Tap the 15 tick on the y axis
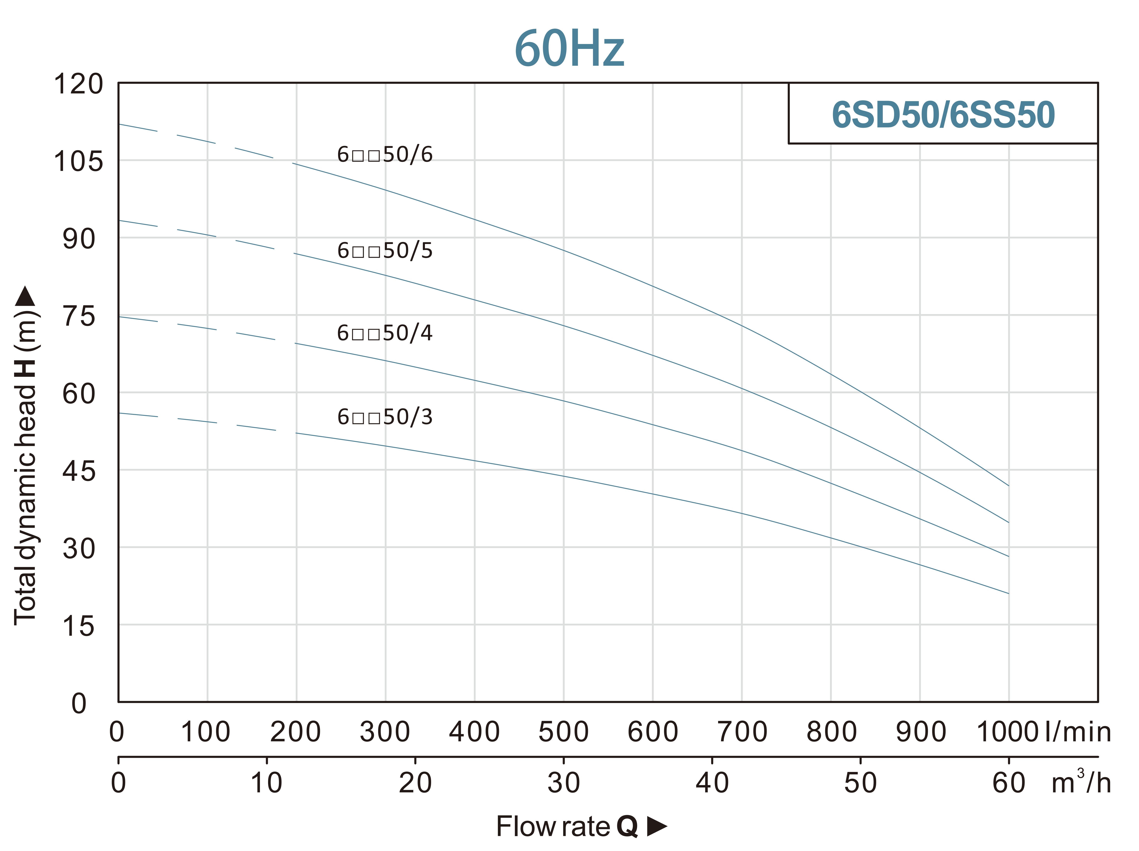pyautogui.click(x=79, y=627)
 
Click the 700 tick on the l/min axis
pyautogui.click(x=742, y=732)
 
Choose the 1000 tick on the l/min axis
pyautogui.click(x=1007, y=732)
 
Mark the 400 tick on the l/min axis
pyautogui.click(x=474, y=732)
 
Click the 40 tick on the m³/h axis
pyautogui.click(x=712, y=783)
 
